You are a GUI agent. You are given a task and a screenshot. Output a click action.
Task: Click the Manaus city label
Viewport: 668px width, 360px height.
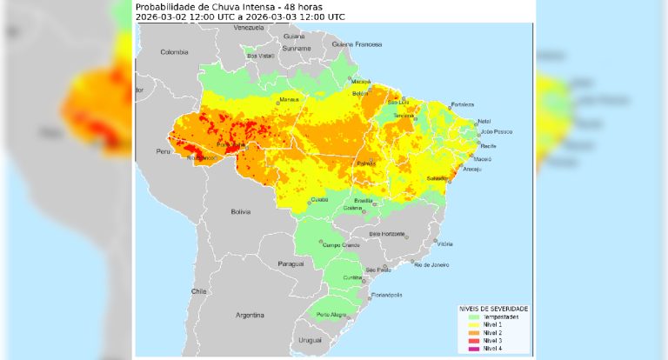point(290,99)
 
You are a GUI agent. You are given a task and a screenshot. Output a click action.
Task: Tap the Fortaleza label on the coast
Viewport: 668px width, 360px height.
point(463,104)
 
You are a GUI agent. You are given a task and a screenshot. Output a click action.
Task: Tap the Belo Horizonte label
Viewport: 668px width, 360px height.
point(388,233)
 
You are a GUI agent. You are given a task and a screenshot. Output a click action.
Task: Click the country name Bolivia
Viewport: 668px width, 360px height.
point(240,211)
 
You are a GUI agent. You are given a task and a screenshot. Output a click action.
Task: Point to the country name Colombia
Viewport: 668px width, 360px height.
point(174,52)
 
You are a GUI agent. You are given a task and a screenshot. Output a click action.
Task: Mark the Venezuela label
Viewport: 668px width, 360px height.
point(249,28)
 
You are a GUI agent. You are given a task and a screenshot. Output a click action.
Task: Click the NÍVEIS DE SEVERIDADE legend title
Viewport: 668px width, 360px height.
point(493,310)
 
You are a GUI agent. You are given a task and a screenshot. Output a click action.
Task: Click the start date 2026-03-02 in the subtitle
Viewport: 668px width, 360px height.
point(160,17)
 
